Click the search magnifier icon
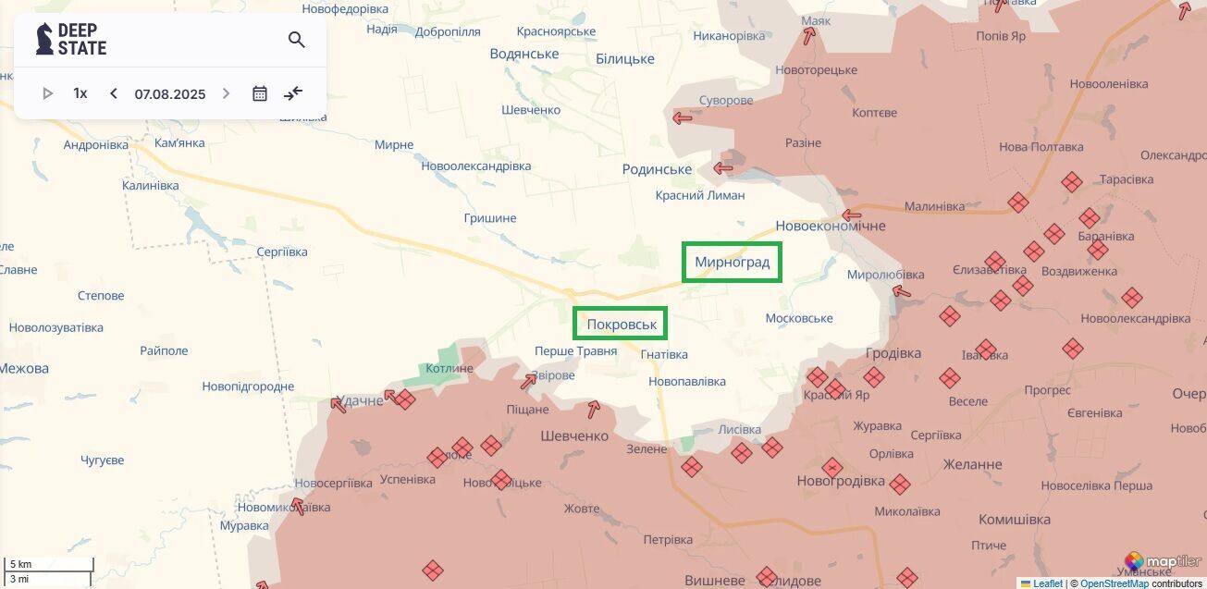(296, 40)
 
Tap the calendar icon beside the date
(260, 93)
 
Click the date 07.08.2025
(170, 93)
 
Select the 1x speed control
(80, 93)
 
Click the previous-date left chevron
(114, 93)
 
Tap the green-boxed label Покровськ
(621, 325)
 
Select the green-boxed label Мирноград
(732, 263)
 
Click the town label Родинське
(657, 169)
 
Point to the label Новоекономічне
(830, 226)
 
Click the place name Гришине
(489, 218)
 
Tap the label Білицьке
(624, 59)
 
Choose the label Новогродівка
(840, 481)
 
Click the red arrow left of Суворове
(683, 117)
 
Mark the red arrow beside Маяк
(809, 36)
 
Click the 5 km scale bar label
(20, 564)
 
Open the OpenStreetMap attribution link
(1115, 583)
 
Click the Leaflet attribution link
(1047, 583)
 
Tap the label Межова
(24, 368)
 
